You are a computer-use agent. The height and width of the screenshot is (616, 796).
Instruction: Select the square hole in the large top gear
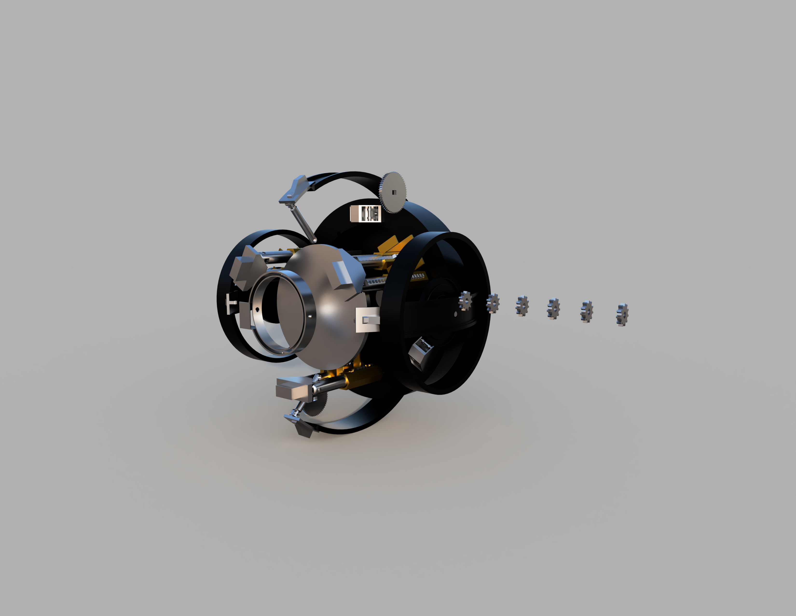[394, 192]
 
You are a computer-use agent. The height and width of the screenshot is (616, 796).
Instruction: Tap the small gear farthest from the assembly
[622, 315]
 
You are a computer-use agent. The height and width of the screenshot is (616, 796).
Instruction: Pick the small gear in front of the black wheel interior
[466, 301]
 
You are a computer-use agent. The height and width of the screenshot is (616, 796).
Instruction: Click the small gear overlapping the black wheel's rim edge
[493, 303]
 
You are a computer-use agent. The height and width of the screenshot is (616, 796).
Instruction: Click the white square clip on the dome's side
[367, 320]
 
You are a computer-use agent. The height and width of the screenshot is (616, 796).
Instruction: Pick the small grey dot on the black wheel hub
[456, 314]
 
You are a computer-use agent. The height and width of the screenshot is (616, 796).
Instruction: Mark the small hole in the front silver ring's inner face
[257, 309]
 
